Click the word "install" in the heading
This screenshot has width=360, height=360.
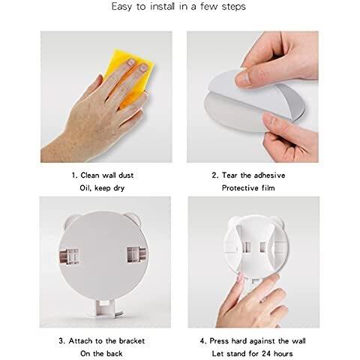[162, 6]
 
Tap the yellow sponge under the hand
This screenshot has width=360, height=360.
[130, 75]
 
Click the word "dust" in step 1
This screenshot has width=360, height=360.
[126, 175]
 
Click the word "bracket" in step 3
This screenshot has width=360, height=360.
[132, 341]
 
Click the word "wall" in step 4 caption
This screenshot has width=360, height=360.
[298, 341]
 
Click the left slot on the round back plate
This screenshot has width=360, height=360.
[69, 256]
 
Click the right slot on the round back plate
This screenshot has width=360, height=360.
[136, 255]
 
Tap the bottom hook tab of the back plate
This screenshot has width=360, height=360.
[104, 309]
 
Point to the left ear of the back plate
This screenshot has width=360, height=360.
[70, 220]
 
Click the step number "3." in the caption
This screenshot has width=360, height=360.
[62, 341]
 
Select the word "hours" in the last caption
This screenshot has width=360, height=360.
[283, 354]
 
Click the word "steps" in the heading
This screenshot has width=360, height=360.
[233, 7]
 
